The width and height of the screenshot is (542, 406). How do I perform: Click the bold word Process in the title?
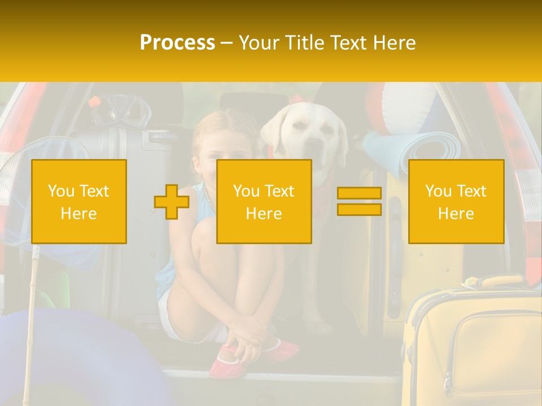177,43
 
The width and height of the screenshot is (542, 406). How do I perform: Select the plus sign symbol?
172,202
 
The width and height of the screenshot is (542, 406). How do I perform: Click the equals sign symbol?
359,202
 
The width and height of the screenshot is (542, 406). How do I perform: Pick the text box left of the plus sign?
79,202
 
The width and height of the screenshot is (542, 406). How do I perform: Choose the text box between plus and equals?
264,202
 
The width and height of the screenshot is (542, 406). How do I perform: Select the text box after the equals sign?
456,202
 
